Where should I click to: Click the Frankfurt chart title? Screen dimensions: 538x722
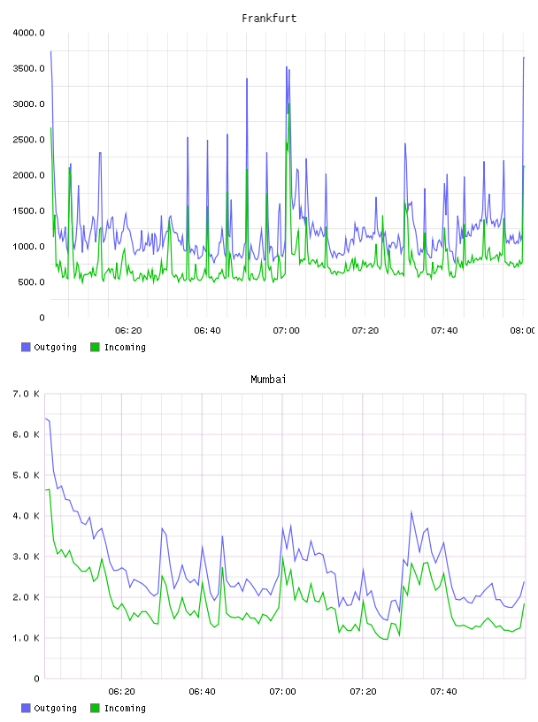pyautogui.click(x=269, y=19)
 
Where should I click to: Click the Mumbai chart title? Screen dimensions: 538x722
pyautogui.click(x=268, y=380)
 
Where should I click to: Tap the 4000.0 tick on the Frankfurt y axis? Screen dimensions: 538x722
pyautogui.click(x=28, y=33)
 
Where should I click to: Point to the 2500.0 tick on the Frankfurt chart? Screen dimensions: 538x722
pyautogui.click(x=28, y=140)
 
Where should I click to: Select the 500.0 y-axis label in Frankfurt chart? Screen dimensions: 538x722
pyautogui.click(x=31, y=281)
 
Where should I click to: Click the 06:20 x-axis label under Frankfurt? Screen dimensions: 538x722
pyautogui.click(x=128, y=331)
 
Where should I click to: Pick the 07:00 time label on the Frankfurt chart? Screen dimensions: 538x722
pyautogui.click(x=286, y=331)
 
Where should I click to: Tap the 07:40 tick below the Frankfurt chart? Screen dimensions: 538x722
pyautogui.click(x=444, y=331)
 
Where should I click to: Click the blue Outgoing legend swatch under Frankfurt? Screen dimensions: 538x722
pyautogui.click(x=26, y=347)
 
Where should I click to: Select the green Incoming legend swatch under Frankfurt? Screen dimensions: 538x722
pyautogui.click(x=95, y=347)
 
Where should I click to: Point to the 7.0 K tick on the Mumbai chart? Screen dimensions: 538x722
pyautogui.click(x=26, y=394)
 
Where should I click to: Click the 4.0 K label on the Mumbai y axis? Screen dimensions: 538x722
pyautogui.click(x=26, y=516)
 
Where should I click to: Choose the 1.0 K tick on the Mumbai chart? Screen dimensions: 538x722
pyautogui.click(x=26, y=638)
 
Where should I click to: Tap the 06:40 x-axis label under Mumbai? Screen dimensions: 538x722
pyautogui.click(x=202, y=692)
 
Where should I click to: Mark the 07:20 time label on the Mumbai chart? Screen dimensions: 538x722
pyautogui.click(x=363, y=692)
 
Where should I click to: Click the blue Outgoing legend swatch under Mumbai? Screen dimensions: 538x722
pyautogui.click(x=26, y=708)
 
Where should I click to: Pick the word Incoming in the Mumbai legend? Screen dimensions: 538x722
pyautogui.click(x=125, y=708)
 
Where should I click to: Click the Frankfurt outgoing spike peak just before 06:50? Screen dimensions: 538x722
pyautogui.click(x=247, y=78)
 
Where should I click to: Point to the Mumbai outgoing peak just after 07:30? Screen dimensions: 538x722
pyautogui.click(x=411, y=511)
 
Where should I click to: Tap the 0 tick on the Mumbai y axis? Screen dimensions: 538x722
pyautogui.click(x=37, y=679)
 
